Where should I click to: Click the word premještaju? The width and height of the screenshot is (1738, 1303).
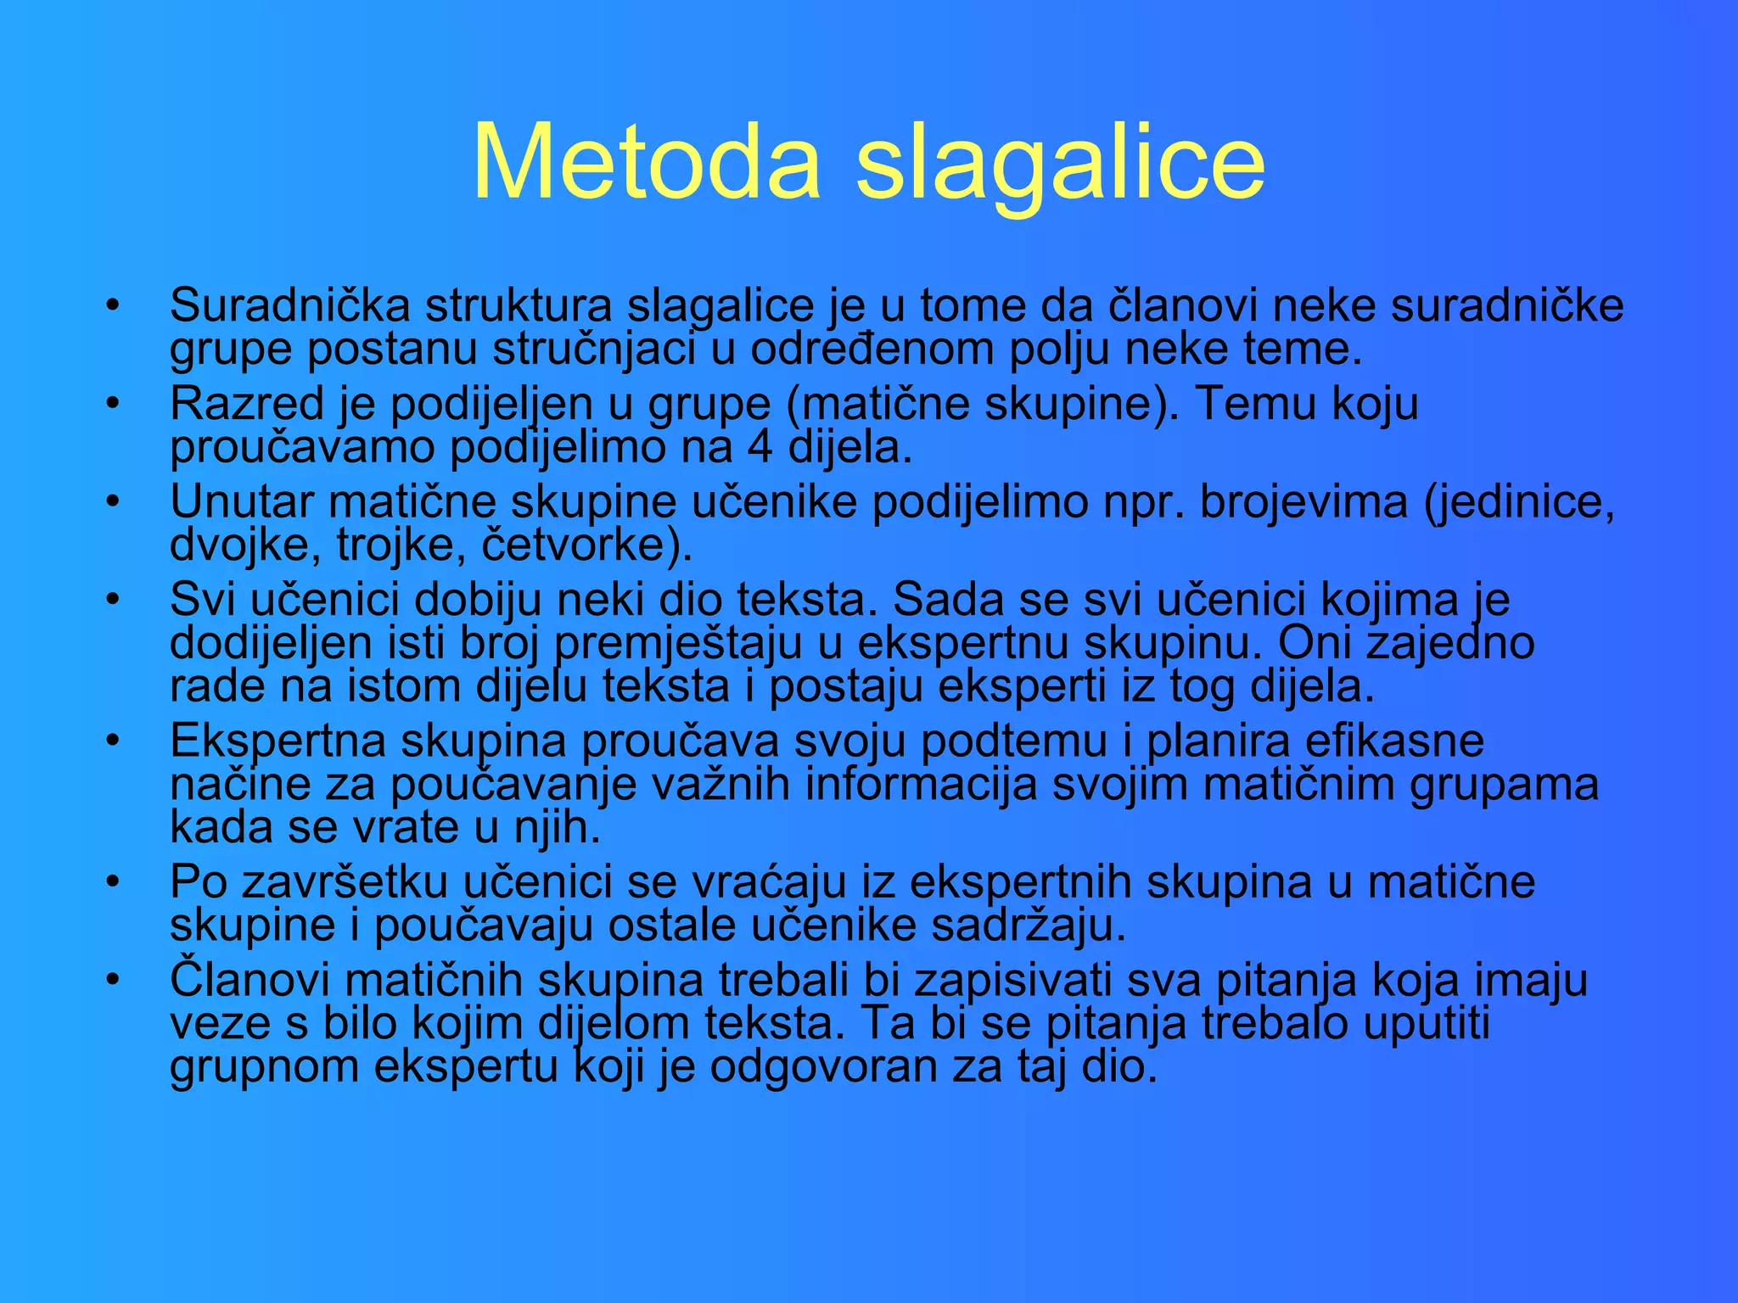[677, 643]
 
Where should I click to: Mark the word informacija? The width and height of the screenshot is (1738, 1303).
[921, 784]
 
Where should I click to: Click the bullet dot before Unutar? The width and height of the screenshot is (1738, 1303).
[113, 501]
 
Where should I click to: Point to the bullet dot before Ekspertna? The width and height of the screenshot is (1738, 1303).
[113, 741]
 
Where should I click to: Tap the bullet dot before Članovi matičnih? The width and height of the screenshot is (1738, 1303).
[113, 981]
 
